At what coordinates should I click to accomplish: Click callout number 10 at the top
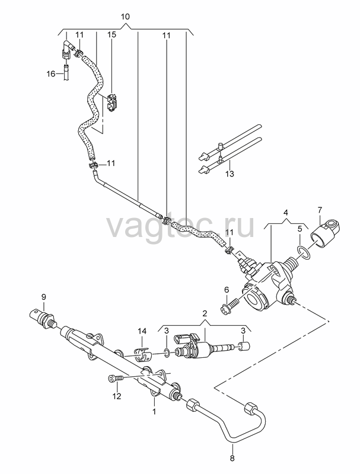click(125, 17)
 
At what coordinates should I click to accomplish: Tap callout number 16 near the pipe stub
click(51, 73)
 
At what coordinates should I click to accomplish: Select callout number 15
click(111, 34)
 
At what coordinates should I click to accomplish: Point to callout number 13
click(230, 174)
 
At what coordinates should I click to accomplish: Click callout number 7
click(320, 209)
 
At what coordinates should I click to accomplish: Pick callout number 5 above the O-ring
click(299, 229)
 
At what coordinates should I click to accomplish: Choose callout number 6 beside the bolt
click(227, 290)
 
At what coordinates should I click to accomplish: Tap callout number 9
click(43, 297)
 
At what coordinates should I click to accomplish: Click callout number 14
click(142, 331)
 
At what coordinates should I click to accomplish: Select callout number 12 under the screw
click(117, 396)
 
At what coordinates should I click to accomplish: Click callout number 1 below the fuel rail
click(154, 411)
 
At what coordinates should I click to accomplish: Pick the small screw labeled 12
click(116, 378)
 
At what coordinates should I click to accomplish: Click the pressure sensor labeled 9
click(44, 318)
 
